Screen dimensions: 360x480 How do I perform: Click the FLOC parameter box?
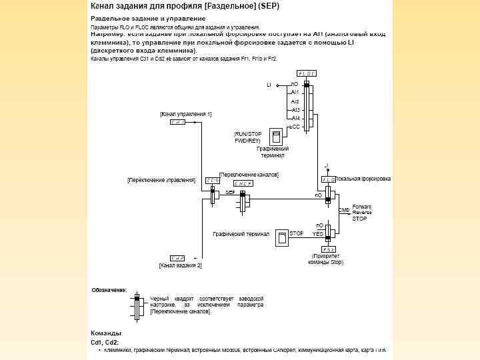(x=307, y=73)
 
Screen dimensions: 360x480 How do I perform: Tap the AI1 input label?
(x=295, y=92)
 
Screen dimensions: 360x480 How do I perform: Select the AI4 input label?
(x=295, y=118)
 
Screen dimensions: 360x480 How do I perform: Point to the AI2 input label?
(x=295, y=101)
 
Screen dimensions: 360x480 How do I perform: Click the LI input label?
(x=269, y=85)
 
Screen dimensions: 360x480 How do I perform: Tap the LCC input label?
(x=294, y=126)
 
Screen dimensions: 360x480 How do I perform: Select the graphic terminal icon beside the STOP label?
(x=283, y=237)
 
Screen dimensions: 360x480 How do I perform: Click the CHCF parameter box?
(x=243, y=183)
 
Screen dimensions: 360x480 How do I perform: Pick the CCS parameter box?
(x=213, y=180)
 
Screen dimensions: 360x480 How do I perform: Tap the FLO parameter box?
(x=329, y=179)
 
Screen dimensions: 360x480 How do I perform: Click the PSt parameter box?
(x=328, y=249)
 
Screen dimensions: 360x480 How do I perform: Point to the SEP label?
(x=230, y=191)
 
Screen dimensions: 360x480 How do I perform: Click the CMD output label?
(x=344, y=210)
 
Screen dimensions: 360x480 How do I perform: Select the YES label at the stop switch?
(x=318, y=234)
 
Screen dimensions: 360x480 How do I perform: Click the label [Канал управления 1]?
(x=186, y=114)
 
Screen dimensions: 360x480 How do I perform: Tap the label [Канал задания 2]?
(x=180, y=265)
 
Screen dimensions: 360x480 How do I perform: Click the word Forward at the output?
(x=362, y=206)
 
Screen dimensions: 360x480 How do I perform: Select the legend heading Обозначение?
(x=109, y=290)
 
